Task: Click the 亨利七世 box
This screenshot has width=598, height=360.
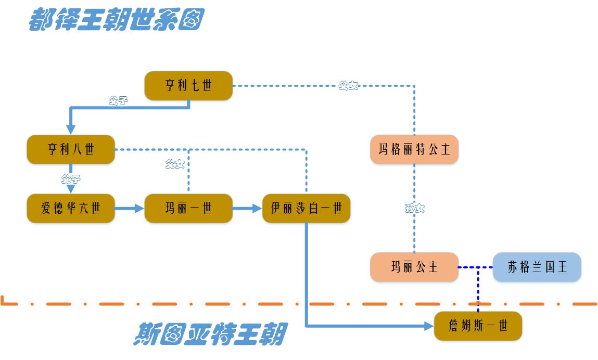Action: [188, 85]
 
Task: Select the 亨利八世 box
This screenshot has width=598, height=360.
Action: [71, 150]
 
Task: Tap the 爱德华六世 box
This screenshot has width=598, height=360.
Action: [71, 209]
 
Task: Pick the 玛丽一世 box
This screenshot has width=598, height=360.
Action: [188, 209]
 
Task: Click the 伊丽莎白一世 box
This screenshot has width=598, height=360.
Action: [306, 209]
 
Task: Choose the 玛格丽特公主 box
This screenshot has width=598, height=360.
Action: [414, 150]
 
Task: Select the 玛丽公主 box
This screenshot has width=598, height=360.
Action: [414, 267]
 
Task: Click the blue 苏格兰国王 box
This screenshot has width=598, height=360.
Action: [537, 267]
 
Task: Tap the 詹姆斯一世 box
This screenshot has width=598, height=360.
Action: [478, 326]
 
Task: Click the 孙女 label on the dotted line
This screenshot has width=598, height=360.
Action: [415, 209]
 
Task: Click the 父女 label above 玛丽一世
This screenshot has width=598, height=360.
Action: [175, 165]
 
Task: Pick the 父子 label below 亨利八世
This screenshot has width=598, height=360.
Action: [71, 179]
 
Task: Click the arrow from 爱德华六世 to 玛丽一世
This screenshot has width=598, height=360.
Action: [129, 209]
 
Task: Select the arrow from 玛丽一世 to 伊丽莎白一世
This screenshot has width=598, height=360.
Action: [247, 209]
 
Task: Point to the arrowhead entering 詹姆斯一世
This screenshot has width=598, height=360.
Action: [428, 326]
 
